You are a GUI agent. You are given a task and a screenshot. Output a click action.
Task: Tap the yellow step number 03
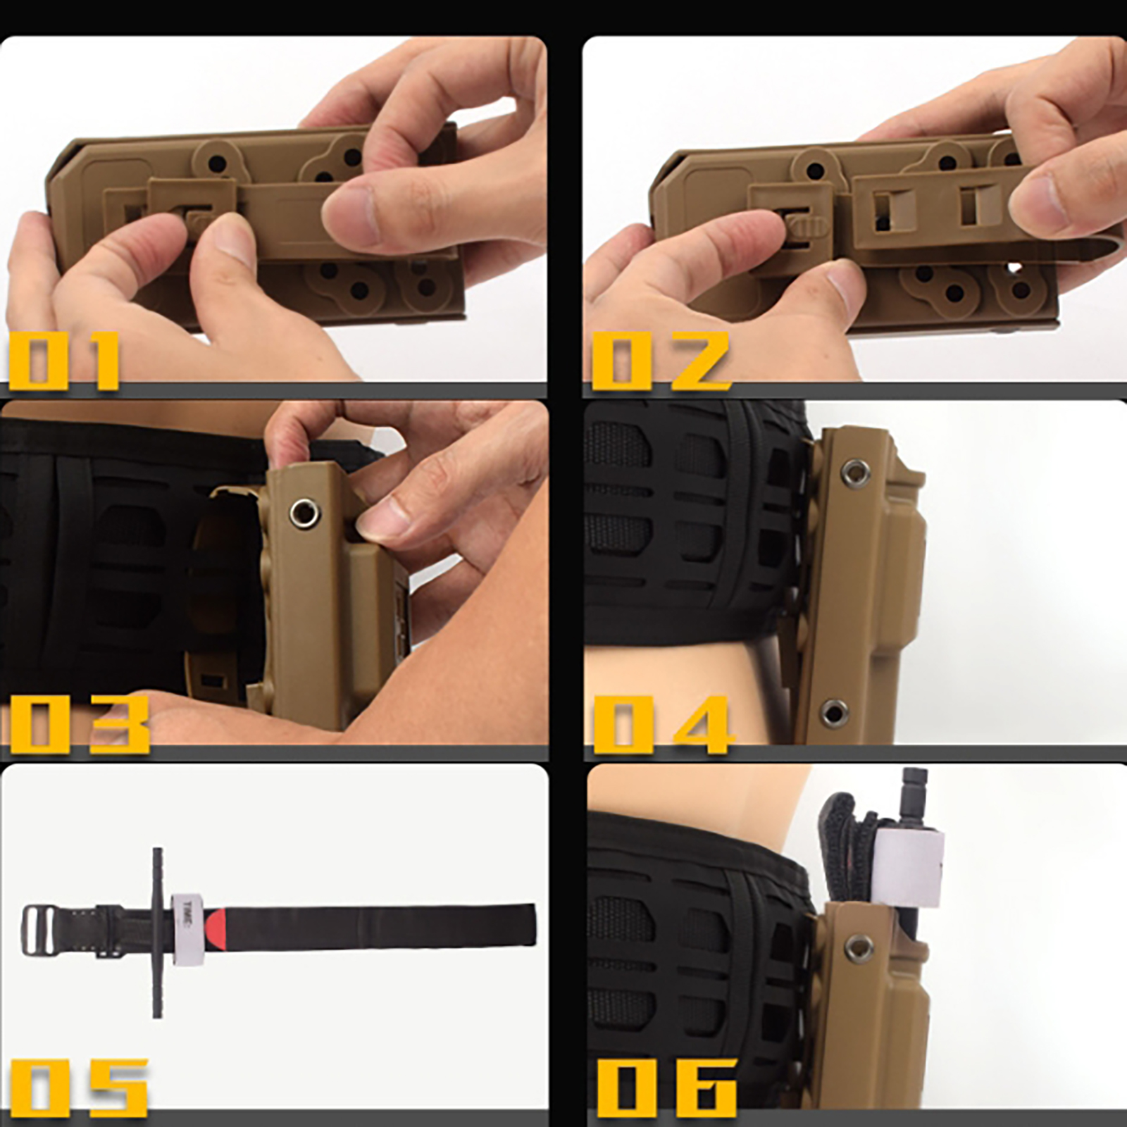79,723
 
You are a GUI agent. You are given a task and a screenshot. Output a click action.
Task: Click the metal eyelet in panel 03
304,512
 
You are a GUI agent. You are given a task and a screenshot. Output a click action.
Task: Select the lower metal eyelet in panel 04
835,713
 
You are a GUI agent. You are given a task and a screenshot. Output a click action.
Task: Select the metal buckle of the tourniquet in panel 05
39,930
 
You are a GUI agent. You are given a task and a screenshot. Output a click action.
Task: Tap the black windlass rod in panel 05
157,933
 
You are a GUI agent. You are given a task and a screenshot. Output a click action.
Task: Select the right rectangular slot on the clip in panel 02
973,209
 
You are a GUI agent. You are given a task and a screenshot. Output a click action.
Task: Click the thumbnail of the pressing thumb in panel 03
381,522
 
